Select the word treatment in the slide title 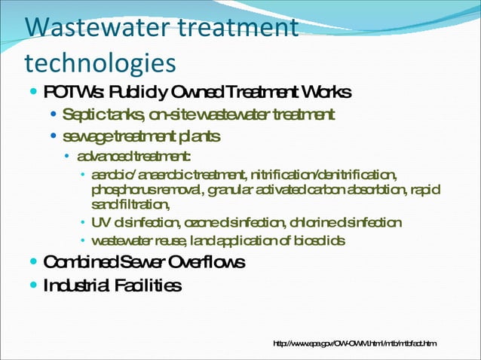[237, 29]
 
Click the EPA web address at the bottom [354, 344]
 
